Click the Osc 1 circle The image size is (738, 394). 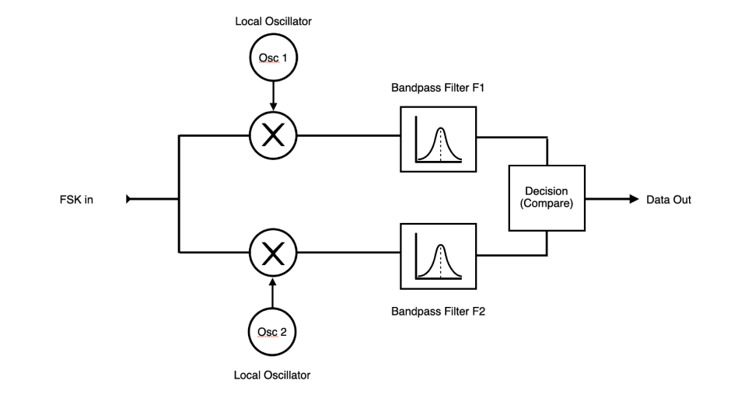(x=272, y=58)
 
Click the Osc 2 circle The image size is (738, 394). (x=272, y=332)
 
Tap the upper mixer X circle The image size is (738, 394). (x=272, y=136)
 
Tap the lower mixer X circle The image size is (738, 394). (x=272, y=252)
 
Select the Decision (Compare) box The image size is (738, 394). (x=547, y=197)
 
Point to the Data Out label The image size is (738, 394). (x=668, y=200)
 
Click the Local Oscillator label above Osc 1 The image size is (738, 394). (x=272, y=21)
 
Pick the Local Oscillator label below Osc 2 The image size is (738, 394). (x=272, y=375)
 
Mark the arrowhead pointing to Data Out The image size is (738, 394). (x=633, y=199)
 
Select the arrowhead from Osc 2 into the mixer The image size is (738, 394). (x=272, y=280)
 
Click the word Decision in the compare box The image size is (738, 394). (x=547, y=191)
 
